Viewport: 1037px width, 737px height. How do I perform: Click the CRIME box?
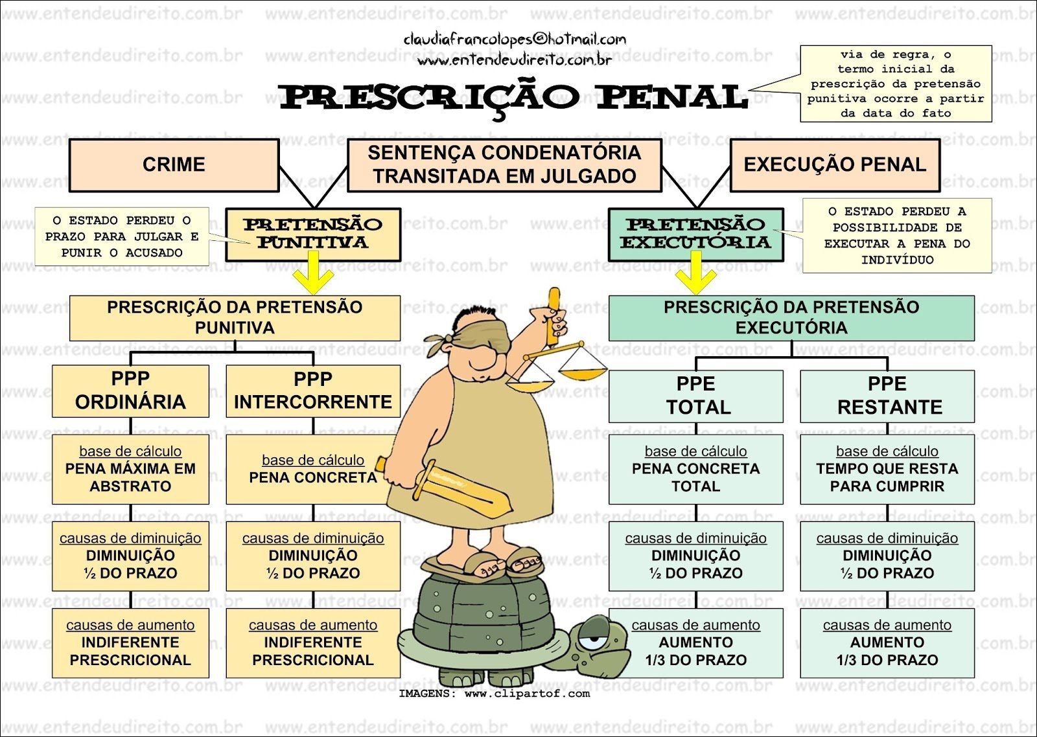click(174, 165)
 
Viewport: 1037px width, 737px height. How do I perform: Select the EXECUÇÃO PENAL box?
click(835, 165)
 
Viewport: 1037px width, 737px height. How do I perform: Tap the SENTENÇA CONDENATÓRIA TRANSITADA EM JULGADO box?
click(504, 165)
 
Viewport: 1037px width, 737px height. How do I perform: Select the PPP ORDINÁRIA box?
click(130, 391)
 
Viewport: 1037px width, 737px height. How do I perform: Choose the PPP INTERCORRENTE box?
click(313, 391)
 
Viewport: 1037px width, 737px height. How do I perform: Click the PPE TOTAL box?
click(695, 396)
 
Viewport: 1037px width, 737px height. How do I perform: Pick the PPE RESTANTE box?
click(887, 396)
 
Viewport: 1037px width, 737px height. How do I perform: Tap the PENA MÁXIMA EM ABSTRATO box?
click(130, 470)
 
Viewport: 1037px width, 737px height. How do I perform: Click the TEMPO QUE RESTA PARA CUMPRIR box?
click(887, 470)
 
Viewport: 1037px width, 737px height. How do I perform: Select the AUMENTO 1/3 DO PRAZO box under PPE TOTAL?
click(695, 643)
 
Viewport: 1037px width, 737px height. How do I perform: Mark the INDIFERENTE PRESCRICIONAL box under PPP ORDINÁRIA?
click(130, 643)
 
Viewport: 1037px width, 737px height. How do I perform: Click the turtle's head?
click(600, 641)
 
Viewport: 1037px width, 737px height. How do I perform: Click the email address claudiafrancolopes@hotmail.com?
click(515, 40)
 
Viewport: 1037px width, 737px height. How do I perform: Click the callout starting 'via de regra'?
click(896, 84)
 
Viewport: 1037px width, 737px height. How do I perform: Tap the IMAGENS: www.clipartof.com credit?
click(494, 694)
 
